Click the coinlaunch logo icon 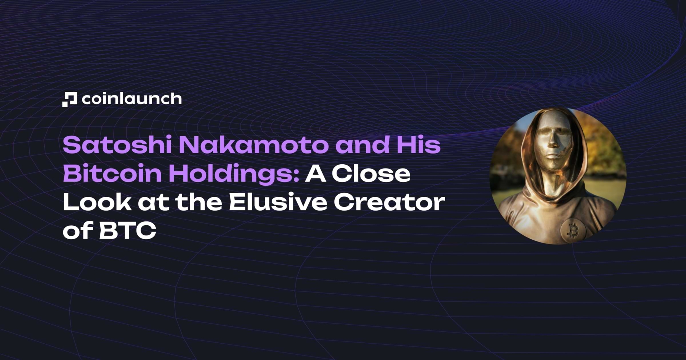click(x=70, y=99)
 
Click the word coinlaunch click(x=131, y=99)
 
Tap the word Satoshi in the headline click(x=117, y=145)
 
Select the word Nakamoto click(x=253, y=145)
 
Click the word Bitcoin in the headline click(x=112, y=174)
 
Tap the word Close click(x=371, y=174)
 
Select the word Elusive click(x=278, y=202)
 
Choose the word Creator click(x=389, y=202)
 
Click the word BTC click(x=128, y=231)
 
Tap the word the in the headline click(x=199, y=202)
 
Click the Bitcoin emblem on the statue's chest click(x=573, y=231)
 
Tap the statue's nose click(x=553, y=142)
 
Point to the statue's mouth click(x=553, y=156)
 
